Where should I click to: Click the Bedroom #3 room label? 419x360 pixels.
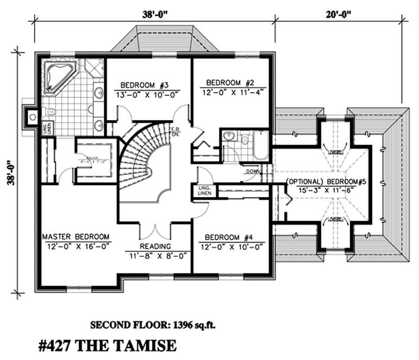[144, 85]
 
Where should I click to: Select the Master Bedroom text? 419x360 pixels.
[76, 236]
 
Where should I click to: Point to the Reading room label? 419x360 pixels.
[155, 246]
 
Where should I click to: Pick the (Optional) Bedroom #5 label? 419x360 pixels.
[325, 182]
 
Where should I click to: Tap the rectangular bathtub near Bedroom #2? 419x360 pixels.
[261, 146]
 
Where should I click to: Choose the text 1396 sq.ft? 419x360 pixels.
[192, 324]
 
